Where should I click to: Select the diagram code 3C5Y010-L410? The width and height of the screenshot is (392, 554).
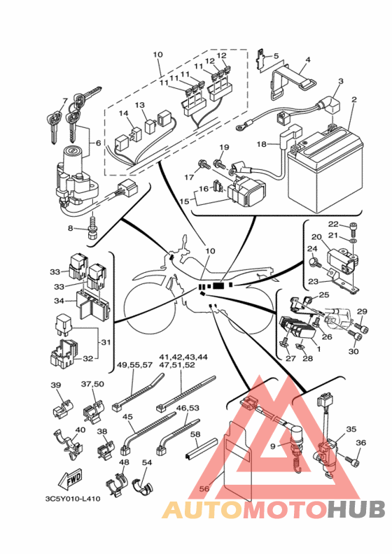tap(73, 499)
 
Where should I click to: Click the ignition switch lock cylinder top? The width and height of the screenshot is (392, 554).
tap(73, 152)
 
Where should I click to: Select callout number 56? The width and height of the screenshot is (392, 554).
tap(204, 489)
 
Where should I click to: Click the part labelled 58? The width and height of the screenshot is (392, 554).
tap(201, 449)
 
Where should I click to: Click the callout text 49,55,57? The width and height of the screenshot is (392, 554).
tap(134, 365)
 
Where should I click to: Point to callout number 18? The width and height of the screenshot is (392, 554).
tap(262, 144)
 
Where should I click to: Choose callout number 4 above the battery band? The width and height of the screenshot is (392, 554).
tap(308, 59)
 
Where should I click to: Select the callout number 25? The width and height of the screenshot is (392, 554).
tap(324, 294)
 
